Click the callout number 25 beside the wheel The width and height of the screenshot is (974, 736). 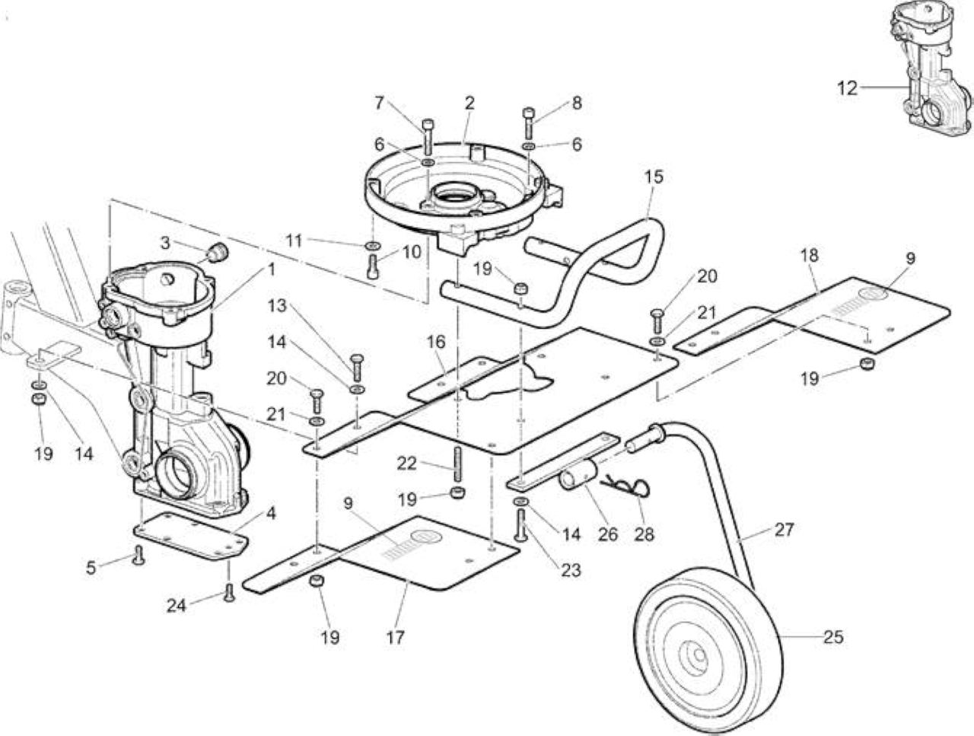point(833,637)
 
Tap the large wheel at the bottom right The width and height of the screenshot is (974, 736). point(708,655)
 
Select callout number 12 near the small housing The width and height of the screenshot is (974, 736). point(847,88)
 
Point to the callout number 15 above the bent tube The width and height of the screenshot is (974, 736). point(654,177)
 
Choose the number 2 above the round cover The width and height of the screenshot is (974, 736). point(469,103)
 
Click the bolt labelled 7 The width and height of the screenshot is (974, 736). point(428,137)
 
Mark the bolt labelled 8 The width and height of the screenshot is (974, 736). point(529,123)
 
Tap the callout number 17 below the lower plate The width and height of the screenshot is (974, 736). point(395,638)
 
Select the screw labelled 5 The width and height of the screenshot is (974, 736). point(139,555)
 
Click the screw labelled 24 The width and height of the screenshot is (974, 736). point(229,592)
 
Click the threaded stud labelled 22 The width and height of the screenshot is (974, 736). point(457,464)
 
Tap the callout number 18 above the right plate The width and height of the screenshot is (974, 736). point(810,255)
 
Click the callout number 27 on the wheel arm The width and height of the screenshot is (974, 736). point(784,529)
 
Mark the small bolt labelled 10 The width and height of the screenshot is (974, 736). point(373,266)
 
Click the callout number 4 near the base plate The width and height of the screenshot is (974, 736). point(270,513)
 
